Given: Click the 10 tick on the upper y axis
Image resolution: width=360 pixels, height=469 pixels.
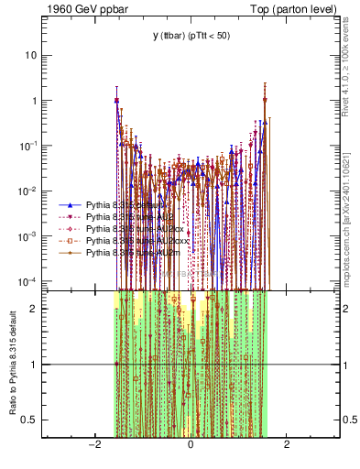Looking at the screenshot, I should tap(31, 55).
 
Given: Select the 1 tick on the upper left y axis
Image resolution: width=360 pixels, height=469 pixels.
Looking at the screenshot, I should tap(34, 101).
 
